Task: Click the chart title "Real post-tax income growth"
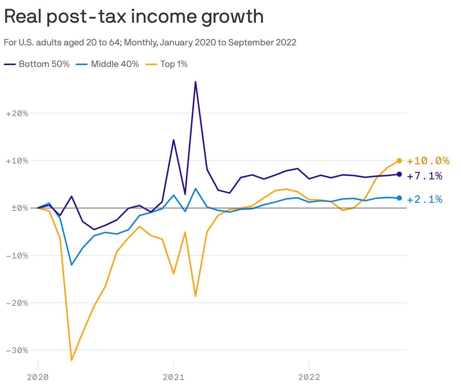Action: [134, 17]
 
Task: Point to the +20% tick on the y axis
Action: [17, 113]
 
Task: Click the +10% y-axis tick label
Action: [17, 160]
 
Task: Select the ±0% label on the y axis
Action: [17, 208]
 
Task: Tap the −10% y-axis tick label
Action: [17, 255]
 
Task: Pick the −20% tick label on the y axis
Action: [17, 303]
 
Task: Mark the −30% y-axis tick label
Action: [17, 350]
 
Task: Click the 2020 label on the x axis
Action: [38, 377]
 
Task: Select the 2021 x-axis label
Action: [173, 377]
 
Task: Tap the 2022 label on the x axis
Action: [309, 377]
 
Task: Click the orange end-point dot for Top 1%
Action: [399, 160]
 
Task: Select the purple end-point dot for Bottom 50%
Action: [399, 174]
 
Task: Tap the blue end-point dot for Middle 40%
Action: [399, 198]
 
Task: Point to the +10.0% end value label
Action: [428, 161]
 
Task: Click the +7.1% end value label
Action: [424, 176]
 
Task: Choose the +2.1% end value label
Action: [424, 199]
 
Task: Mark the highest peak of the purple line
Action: [195, 82]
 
